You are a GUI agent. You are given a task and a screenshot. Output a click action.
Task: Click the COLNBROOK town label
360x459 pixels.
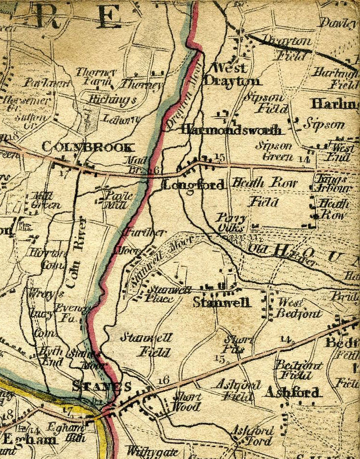pyautogui.click(x=86, y=147)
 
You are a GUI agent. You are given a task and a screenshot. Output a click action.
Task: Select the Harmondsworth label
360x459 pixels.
pyautogui.click(x=231, y=130)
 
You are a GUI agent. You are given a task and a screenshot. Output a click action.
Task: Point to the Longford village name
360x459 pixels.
pyautogui.click(x=193, y=185)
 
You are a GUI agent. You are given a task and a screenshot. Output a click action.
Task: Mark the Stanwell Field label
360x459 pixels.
pyautogui.click(x=147, y=345)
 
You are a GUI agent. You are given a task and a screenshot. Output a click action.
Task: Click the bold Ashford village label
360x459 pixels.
pyautogui.click(x=292, y=392)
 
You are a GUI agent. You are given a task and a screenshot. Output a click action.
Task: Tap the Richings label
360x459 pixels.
pyautogui.click(x=113, y=99)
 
